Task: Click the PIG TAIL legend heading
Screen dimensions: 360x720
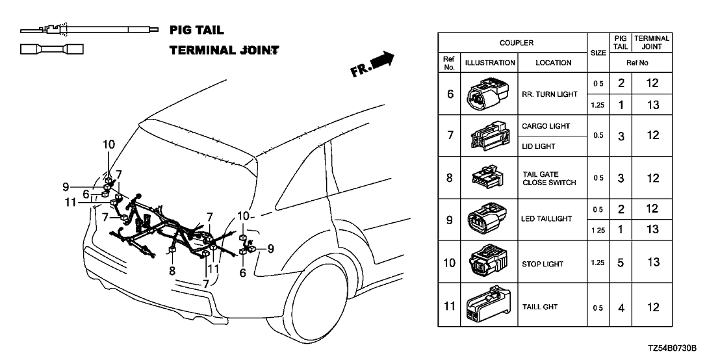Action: point(196,30)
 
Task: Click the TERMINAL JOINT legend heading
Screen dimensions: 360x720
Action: point(224,50)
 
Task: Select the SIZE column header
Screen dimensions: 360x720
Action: point(598,53)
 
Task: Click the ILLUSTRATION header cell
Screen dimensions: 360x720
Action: point(490,63)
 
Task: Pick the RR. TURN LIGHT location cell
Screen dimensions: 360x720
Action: point(549,94)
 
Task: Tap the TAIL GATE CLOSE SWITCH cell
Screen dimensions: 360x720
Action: point(549,179)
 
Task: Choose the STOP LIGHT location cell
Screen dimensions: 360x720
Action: point(543,264)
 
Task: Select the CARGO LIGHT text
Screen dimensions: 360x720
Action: point(546,125)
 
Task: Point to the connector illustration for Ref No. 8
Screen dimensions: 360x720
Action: point(490,178)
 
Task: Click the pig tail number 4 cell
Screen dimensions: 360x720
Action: point(621,307)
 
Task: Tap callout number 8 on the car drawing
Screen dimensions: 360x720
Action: point(172,271)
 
